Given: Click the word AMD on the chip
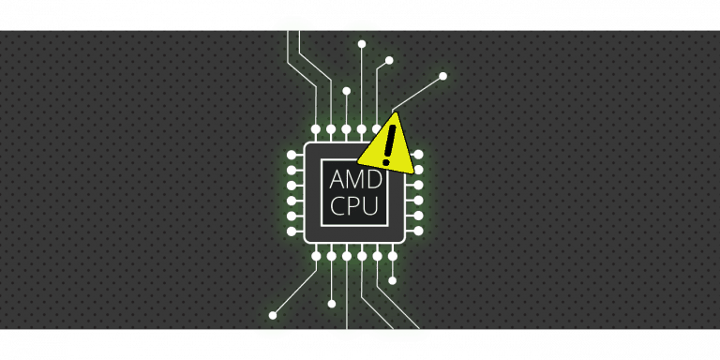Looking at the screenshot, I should point(355,178).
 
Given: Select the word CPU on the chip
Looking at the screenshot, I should point(355,206).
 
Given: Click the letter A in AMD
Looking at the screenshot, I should point(337,178).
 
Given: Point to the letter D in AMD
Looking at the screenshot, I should point(375,178).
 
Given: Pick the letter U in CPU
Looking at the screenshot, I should point(372,206).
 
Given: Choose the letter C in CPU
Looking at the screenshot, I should point(337,206).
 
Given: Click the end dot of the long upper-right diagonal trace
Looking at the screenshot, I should point(442,76).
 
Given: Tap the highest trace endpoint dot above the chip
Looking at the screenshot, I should point(362,44).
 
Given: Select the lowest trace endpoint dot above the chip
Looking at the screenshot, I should point(347,91).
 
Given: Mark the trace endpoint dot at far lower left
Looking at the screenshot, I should point(273,315).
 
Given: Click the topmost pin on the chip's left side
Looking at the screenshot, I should point(292,154).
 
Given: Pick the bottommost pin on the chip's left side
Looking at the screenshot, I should point(292,231).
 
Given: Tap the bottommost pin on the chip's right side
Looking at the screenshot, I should point(418,231).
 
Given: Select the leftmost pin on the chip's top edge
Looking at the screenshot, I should point(316,129).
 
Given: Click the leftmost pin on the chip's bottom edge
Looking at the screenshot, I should point(316,256).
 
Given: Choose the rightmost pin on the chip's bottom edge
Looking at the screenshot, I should point(392,256).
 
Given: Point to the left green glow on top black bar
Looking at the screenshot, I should point(292,24).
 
